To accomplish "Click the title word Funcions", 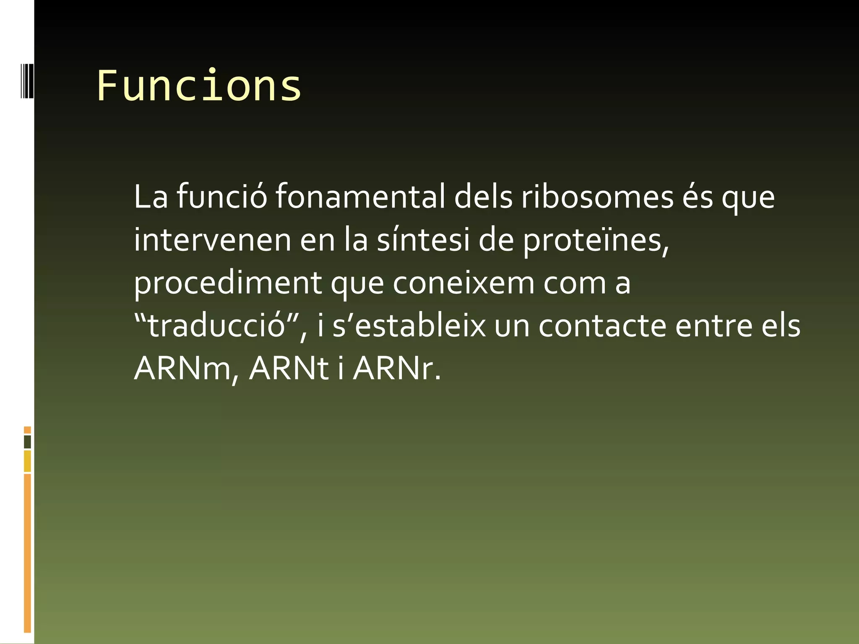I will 199,86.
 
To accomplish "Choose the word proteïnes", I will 596,241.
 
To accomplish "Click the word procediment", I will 228,283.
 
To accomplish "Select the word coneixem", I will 463,283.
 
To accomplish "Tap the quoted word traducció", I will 217,326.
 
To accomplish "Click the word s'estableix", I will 409,326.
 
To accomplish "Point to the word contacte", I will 602,326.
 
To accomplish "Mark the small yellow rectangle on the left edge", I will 27,461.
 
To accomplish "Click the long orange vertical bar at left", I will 27,553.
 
